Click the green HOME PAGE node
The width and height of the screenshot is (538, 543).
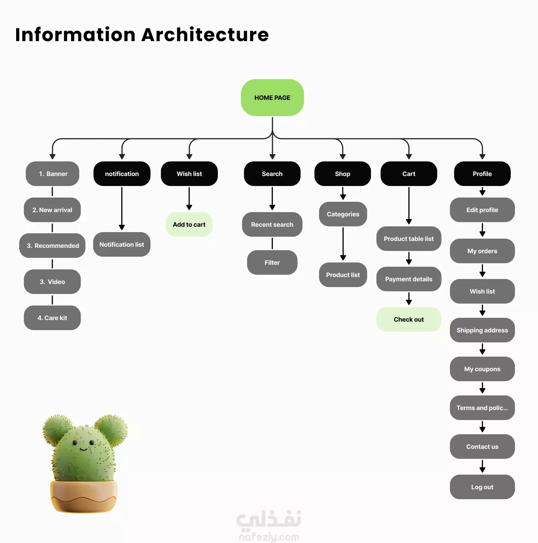click(x=272, y=98)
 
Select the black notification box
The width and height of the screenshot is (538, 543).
click(x=122, y=174)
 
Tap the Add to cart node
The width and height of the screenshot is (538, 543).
click(x=189, y=224)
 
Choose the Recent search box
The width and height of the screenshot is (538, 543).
click(x=272, y=224)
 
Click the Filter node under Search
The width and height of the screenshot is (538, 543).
click(x=272, y=262)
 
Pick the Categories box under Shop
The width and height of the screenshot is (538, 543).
click(x=343, y=214)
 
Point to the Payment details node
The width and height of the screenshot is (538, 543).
click(x=408, y=279)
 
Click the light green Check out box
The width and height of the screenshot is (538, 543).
click(x=408, y=319)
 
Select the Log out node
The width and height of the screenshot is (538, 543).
click(x=482, y=487)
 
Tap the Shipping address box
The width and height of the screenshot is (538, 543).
click(x=482, y=330)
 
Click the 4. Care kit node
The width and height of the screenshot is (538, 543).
click(x=52, y=318)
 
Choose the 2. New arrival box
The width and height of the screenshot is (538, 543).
click(x=52, y=210)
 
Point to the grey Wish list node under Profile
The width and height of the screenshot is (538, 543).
click(x=482, y=291)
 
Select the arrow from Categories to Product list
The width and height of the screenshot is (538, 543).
click(x=343, y=244)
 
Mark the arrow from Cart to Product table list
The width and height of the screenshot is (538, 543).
click(x=409, y=206)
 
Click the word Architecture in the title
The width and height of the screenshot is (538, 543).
click(x=205, y=35)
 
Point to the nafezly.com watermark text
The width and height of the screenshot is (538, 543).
click(x=269, y=537)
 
